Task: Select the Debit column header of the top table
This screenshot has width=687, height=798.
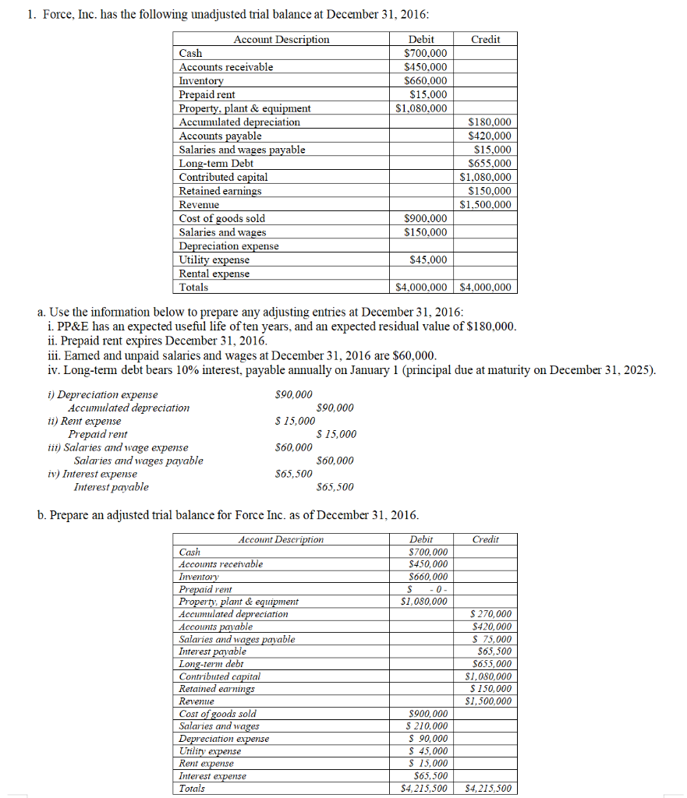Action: click(421, 39)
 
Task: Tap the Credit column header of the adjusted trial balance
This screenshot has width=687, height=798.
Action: click(485, 539)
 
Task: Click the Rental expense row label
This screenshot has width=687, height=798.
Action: click(214, 274)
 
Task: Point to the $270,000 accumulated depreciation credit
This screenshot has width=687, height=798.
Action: click(492, 614)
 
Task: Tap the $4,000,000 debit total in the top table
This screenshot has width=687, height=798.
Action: click(421, 288)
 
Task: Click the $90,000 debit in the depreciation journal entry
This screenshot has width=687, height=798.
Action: click(294, 395)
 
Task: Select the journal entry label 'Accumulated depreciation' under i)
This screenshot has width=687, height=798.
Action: click(128, 408)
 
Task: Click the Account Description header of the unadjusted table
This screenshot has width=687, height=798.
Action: click(282, 39)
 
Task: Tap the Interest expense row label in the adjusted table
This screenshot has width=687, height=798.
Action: click(212, 776)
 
